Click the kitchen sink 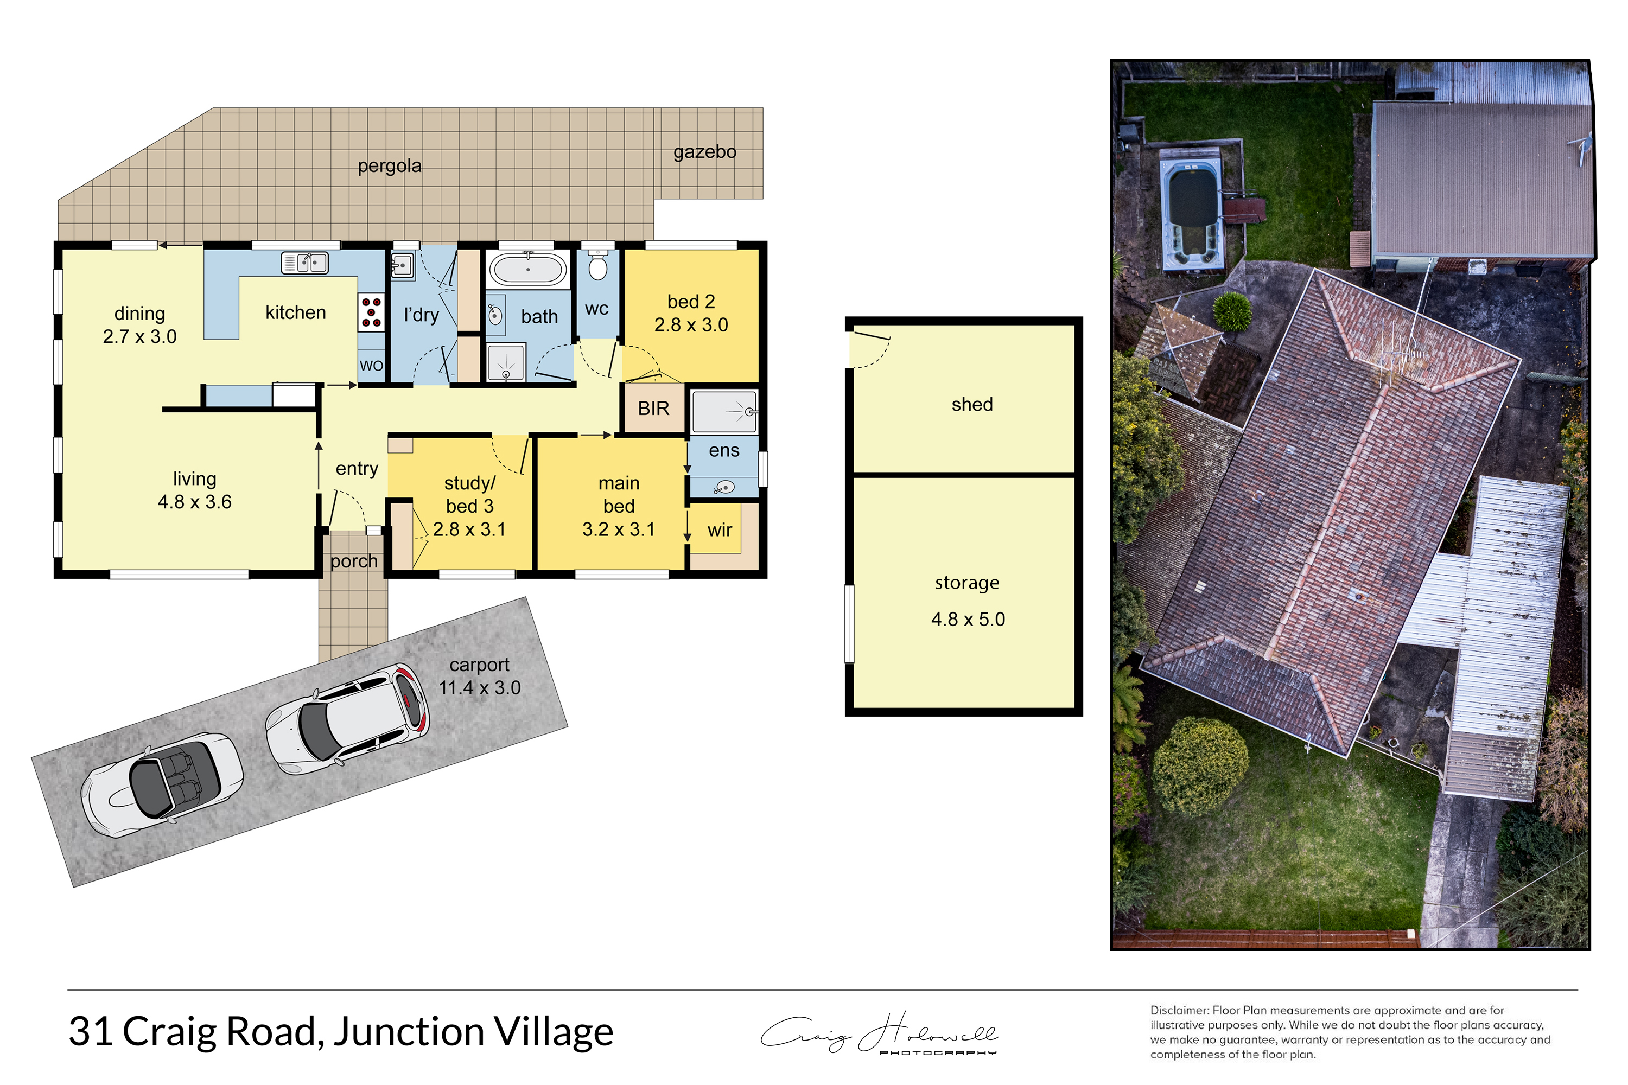coord(304,263)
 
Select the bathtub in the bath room coord(527,269)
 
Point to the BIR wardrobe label coord(653,409)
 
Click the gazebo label coord(704,152)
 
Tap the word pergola coord(389,166)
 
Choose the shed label coord(972,404)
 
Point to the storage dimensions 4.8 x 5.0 coord(968,620)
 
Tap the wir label coord(719,530)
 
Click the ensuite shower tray coord(724,412)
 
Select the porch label coord(354,561)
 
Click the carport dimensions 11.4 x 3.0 coord(480,688)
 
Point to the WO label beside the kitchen coord(371,365)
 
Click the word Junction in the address coord(409,1032)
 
